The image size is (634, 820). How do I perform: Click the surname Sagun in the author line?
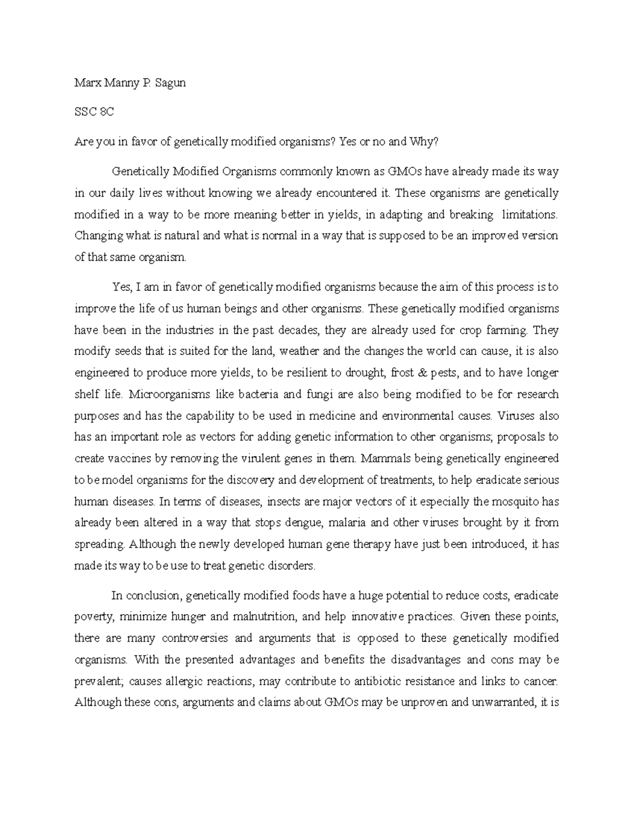pos(170,83)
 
